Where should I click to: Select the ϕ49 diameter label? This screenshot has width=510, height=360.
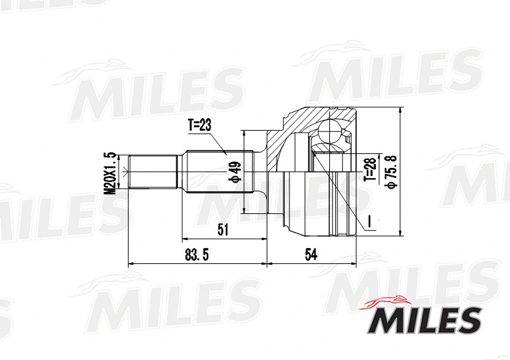coord(235,172)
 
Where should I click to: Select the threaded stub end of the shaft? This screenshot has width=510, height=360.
coord(153,173)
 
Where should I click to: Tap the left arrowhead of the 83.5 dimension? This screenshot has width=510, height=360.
coord(130,264)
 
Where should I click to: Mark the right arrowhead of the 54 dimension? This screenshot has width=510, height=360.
coord(352,264)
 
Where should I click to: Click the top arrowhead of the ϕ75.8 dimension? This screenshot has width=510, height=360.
coord(398,111)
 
